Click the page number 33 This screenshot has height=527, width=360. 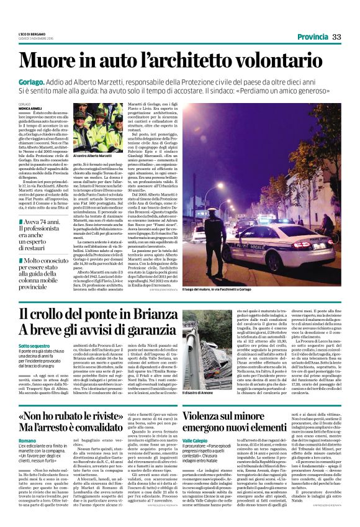coord(336,38)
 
